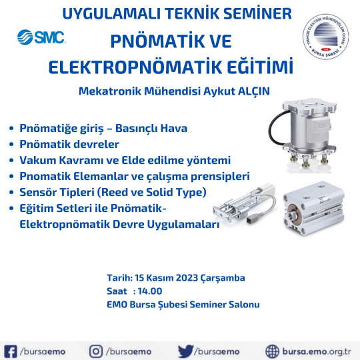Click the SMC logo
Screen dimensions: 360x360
[41, 37]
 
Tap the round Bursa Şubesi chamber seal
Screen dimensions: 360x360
[325, 37]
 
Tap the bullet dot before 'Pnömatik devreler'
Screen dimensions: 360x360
[11, 145]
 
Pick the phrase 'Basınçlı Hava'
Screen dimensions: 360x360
[151, 129]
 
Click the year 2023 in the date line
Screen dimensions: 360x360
[187, 278]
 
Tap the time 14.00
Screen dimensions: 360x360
[150, 291]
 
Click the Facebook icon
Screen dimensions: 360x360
[10, 351]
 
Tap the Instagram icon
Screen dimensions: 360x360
[96, 351]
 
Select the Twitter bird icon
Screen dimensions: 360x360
[185, 351]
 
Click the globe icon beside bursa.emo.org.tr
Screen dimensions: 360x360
[272, 351]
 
